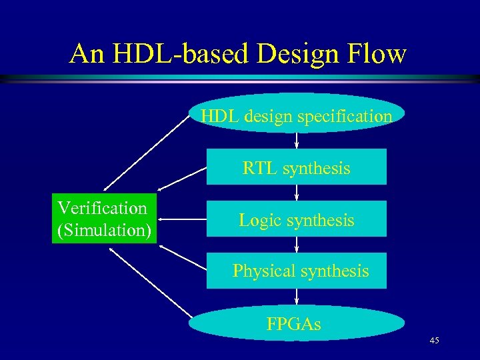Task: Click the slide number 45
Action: pos(434,341)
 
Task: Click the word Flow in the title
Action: pos(377,53)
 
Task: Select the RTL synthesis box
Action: pos(297,167)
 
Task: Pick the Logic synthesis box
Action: pos(297,219)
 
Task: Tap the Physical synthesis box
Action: pos(297,271)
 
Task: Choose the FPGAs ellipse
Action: pos(297,324)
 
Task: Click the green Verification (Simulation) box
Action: pos(104,219)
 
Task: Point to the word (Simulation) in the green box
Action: pos(104,231)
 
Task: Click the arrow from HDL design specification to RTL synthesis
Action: pos(297,141)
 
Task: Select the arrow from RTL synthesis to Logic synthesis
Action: pos(297,193)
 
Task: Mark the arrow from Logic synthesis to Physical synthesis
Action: pos(297,245)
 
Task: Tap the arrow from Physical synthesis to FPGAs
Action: pos(297,297)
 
